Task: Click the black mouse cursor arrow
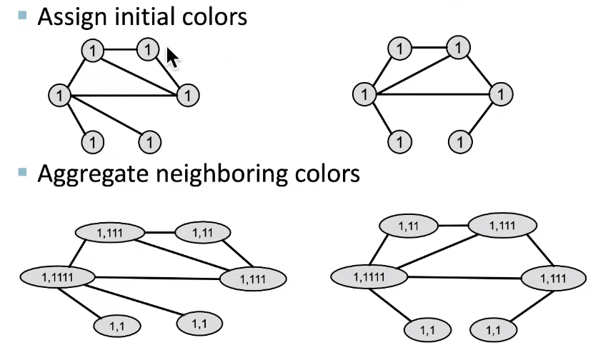pyautogui.click(x=172, y=58)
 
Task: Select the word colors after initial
pyautogui.click(x=214, y=16)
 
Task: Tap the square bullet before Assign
pyautogui.click(x=24, y=14)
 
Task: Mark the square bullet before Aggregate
pyautogui.click(x=24, y=171)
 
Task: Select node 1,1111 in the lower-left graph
pyautogui.click(x=58, y=276)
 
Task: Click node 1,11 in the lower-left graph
pyautogui.click(x=202, y=232)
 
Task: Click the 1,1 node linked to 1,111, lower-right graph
pyautogui.click(x=494, y=330)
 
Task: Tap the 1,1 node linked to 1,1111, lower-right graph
pyautogui.click(x=428, y=330)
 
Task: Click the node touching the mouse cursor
pyautogui.click(x=147, y=50)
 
